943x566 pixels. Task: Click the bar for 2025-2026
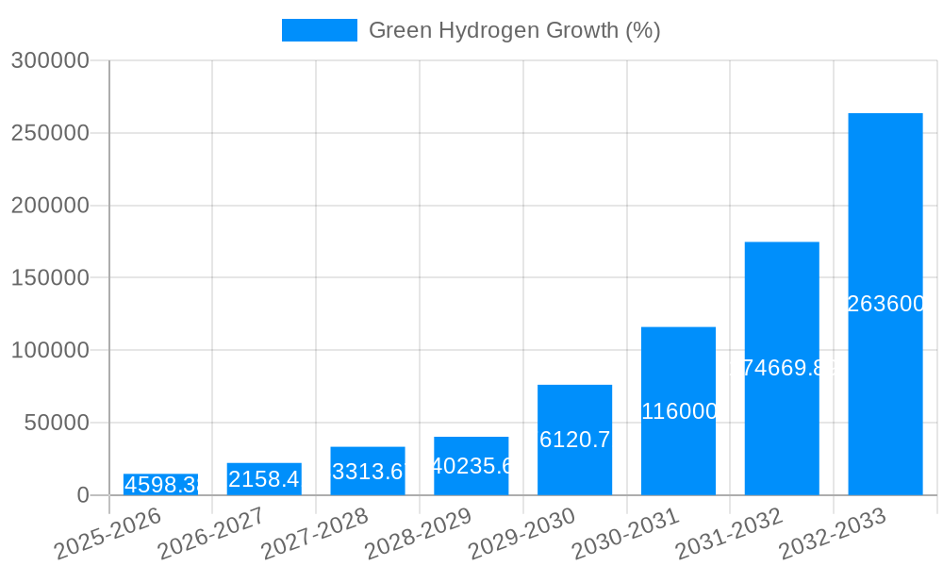click(160, 485)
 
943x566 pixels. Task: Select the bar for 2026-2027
click(264, 479)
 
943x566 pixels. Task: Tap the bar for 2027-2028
click(368, 471)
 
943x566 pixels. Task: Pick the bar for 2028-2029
click(471, 466)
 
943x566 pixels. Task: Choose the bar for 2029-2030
click(574, 440)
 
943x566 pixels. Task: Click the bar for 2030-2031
click(678, 411)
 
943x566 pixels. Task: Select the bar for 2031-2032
click(782, 369)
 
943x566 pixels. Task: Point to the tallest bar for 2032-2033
click(885, 304)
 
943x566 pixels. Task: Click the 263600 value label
click(885, 304)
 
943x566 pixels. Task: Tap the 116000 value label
click(678, 411)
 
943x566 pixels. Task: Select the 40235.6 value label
click(471, 466)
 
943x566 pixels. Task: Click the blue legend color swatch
click(320, 30)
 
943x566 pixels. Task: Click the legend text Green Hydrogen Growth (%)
click(514, 30)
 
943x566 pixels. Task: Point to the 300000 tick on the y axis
click(50, 60)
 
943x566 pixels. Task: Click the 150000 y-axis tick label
click(50, 278)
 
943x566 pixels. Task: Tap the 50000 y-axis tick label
click(57, 423)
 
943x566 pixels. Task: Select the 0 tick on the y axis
click(82, 495)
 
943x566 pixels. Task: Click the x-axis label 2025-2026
click(108, 533)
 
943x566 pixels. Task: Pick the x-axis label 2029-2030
click(522, 533)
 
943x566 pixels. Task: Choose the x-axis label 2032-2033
click(834, 533)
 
